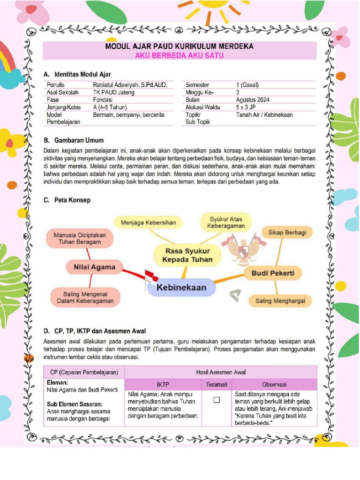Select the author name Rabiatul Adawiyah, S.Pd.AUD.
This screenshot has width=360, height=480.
coord(130,85)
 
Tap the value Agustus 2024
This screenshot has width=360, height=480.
coord(253,100)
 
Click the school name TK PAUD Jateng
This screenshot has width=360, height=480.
coord(113,92)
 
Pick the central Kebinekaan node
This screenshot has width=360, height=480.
coord(181,287)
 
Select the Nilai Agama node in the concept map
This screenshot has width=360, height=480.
coord(94,267)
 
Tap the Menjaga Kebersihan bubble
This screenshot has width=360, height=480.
coord(148,223)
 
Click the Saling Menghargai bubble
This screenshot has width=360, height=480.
coord(280,301)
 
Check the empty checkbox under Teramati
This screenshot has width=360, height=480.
coord(217,400)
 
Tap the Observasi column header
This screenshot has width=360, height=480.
coord(274,384)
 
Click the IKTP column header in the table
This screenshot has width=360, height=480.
coord(163,384)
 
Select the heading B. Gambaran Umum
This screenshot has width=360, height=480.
coord(74,140)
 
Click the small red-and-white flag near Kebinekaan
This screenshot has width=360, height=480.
coord(149,275)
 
